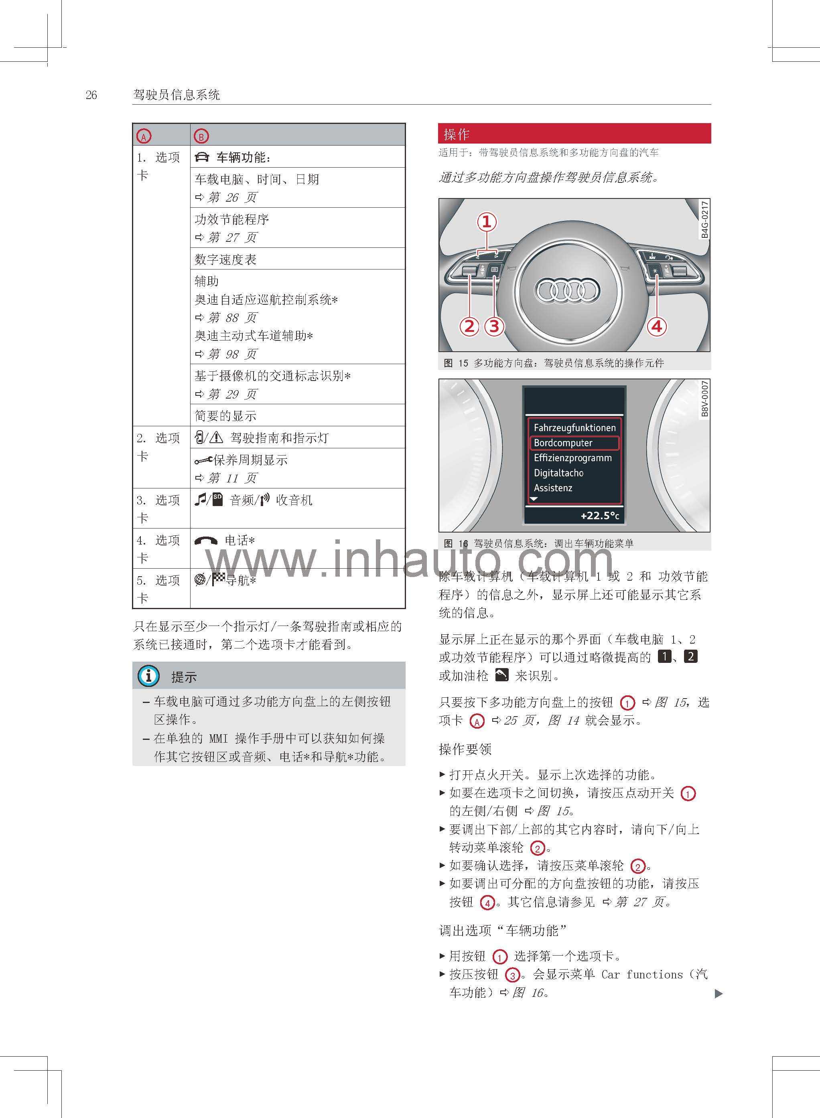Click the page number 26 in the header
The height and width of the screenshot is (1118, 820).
pyautogui.click(x=91, y=95)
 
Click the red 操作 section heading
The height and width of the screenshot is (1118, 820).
pyautogui.click(x=456, y=134)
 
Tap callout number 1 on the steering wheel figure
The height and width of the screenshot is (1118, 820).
pyautogui.click(x=487, y=221)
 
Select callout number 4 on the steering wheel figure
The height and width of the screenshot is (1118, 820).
pyautogui.click(x=657, y=326)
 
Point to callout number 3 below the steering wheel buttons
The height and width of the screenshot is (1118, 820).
pyautogui.click(x=494, y=326)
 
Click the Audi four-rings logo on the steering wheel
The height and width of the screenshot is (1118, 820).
pyautogui.click(x=566, y=290)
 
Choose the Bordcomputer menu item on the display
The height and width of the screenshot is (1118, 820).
pyautogui.click(x=563, y=443)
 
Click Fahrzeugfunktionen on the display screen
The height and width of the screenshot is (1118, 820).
pyautogui.click(x=574, y=427)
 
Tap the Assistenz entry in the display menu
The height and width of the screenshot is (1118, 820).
pyautogui.click(x=553, y=488)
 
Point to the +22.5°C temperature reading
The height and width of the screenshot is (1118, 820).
pyautogui.click(x=600, y=516)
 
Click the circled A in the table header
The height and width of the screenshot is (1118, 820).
pyautogui.click(x=144, y=136)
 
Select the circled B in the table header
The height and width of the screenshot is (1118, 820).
pyautogui.click(x=201, y=136)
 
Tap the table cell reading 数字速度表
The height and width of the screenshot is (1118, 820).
pyautogui.click(x=225, y=259)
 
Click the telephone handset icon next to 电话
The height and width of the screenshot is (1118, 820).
pyautogui.click(x=206, y=541)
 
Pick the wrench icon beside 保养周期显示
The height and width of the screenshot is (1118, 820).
pyautogui.click(x=203, y=460)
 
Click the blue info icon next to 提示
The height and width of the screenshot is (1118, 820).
pyautogui.click(x=148, y=675)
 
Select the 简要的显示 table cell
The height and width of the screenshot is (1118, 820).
pyautogui.click(x=225, y=415)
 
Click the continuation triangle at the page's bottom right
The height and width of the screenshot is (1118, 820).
pyautogui.click(x=718, y=993)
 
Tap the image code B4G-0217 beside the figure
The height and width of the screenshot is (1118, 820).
pyautogui.click(x=705, y=219)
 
